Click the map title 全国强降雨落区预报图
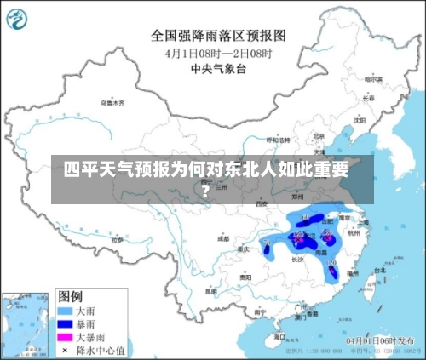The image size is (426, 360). pyautogui.click(x=218, y=36)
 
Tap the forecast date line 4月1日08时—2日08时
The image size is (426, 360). pyautogui.click(x=218, y=53)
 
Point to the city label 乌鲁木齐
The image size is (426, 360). pyautogui.click(x=112, y=102)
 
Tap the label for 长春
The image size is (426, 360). pyautogui.click(x=368, y=98)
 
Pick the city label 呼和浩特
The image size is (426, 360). pyautogui.click(x=279, y=139)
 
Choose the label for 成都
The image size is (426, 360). pyautogui.click(x=223, y=239)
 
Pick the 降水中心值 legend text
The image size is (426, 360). pyautogui.click(x=101, y=349)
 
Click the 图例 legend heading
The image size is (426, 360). pyautogui.click(x=70, y=296)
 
